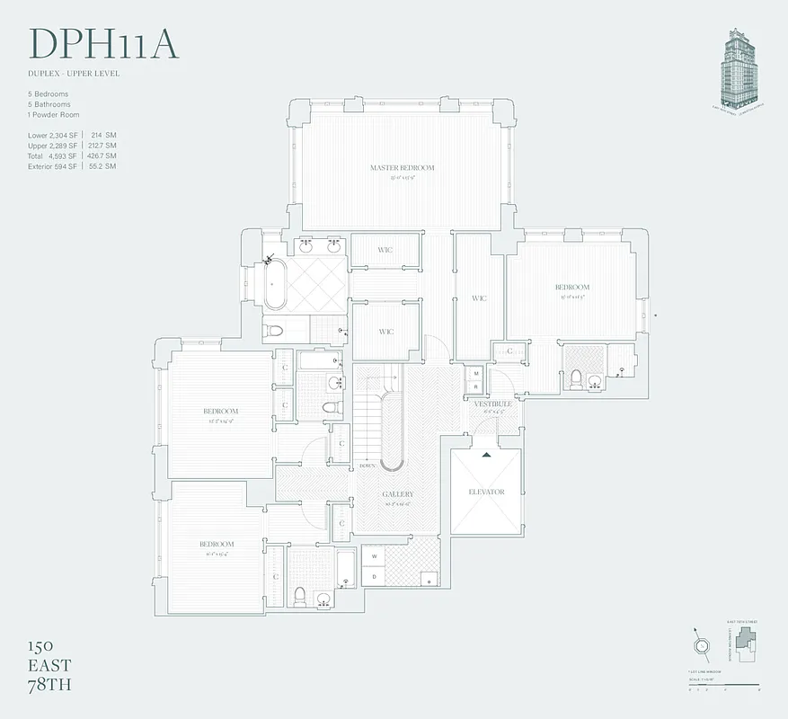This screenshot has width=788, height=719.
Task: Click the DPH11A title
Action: click(x=104, y=45)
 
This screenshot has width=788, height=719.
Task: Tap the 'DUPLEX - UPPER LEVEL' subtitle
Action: click(x=74, y=74)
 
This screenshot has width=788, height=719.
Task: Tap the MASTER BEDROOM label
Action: click(x=402, y=168)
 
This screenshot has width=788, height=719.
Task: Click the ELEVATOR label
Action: click(x=486, y=493)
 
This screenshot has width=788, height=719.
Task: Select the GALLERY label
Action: click(x=398, y=494)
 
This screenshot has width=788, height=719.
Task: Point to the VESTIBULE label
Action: click(x=493, y=405)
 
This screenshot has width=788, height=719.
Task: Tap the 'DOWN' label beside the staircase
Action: click(x=366, y=466)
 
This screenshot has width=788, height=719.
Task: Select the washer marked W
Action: click(x=374, y=557)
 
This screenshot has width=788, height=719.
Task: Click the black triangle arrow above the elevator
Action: click(x=486, y=455)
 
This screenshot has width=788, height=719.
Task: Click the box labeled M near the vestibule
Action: click(x=475, y=373)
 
